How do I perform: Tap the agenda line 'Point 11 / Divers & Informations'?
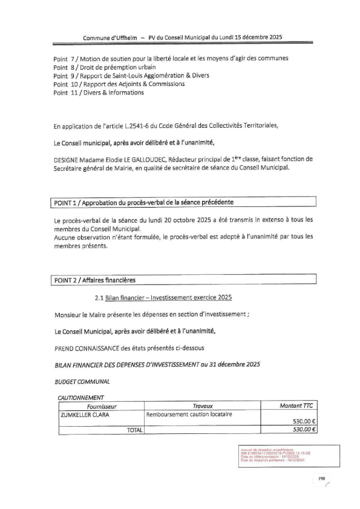tap(99, 93)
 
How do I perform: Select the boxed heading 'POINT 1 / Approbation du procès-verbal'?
tap(143, 201)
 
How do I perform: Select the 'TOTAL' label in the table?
tap(133, 430)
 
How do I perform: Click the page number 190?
tap(322, 479)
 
